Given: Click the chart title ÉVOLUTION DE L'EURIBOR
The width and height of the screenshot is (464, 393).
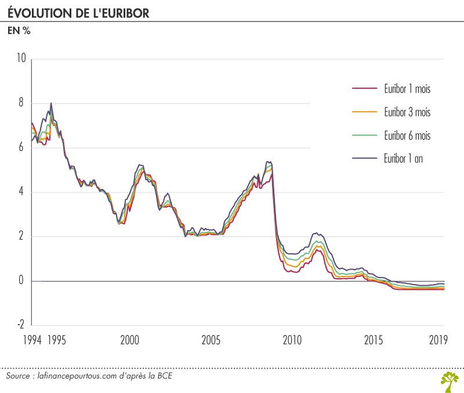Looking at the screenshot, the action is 78,13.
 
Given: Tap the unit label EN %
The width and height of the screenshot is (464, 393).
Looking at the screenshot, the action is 19,31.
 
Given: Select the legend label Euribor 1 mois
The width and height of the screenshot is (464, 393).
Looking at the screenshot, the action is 407,89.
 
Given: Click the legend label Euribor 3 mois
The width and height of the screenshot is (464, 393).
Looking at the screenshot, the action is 407,112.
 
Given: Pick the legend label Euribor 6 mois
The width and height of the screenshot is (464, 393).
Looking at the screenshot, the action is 407,136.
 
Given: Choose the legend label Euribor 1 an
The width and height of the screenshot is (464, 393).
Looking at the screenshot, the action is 403,158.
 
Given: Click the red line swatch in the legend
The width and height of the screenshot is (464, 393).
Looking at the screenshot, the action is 365,89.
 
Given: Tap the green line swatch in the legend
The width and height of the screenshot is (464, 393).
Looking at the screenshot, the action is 365,135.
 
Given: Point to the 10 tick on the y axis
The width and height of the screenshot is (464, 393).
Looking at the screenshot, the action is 21,58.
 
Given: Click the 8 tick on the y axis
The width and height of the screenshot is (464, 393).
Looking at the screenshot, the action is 21,103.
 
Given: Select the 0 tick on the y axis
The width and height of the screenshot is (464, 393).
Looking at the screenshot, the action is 21,280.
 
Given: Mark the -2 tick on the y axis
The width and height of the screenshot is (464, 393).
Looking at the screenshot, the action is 20,325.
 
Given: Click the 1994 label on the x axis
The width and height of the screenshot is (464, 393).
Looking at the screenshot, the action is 32,340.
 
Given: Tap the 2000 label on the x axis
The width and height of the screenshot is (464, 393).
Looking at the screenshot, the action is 129,340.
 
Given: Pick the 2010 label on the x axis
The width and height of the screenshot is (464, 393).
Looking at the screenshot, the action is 292,340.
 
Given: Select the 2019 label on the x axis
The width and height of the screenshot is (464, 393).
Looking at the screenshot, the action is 438,340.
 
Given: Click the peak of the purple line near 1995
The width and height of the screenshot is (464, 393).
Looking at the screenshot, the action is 51,103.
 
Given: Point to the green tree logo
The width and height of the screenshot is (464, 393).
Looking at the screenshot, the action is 450,382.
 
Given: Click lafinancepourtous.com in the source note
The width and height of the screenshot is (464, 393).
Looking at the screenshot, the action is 77,376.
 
